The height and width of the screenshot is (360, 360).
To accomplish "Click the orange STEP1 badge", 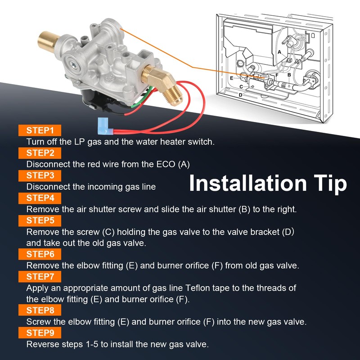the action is [40, 130].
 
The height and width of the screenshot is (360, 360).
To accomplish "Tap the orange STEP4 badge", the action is [40, 198].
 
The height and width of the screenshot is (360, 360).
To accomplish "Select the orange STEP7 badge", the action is [40, 277].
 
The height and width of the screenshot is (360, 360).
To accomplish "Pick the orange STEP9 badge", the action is [40, 333].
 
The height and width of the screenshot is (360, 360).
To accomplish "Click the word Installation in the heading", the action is [248, 183].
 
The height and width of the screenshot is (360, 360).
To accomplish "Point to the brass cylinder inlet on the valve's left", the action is [48, 41].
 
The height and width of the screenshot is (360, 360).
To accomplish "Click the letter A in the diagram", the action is [279, 52].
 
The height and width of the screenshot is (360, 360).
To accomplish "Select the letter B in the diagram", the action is [289, 75].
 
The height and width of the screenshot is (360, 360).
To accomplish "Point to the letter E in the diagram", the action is [231, 78].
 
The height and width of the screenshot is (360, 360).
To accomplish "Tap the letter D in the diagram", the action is [240, 95].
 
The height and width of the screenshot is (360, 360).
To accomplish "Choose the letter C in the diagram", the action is [241, 87].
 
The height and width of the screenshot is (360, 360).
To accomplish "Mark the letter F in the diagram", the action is [277, 75].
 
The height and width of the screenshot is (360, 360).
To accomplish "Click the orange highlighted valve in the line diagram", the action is [262, 76].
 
